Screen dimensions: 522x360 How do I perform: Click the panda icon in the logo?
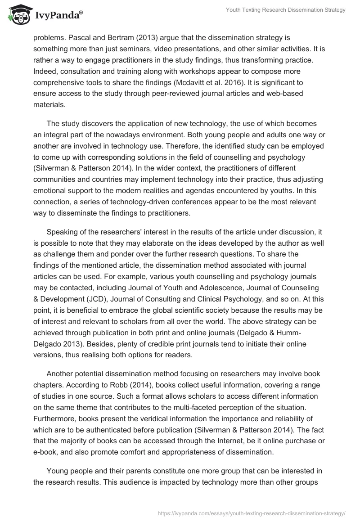pos(17,15)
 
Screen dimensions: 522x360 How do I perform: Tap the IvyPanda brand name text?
pos(57,16)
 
